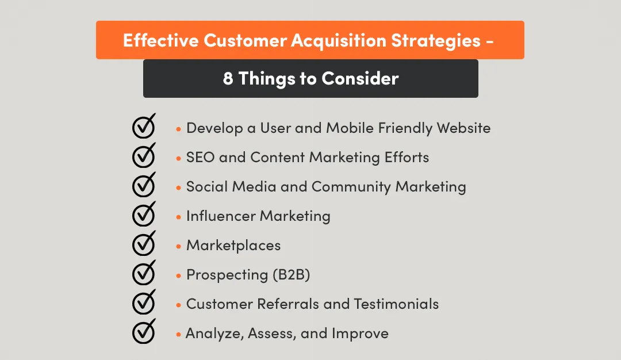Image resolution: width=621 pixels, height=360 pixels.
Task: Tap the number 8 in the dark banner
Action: [228, 79]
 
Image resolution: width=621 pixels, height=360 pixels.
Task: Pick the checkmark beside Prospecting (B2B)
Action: [143, 274]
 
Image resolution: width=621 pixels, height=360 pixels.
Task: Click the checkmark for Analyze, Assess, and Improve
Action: [143, 332]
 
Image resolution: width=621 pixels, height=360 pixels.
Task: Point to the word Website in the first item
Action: [463, 128]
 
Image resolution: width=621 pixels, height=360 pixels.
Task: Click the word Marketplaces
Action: [233, 246]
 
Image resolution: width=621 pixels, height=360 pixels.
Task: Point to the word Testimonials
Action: [396, 304]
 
